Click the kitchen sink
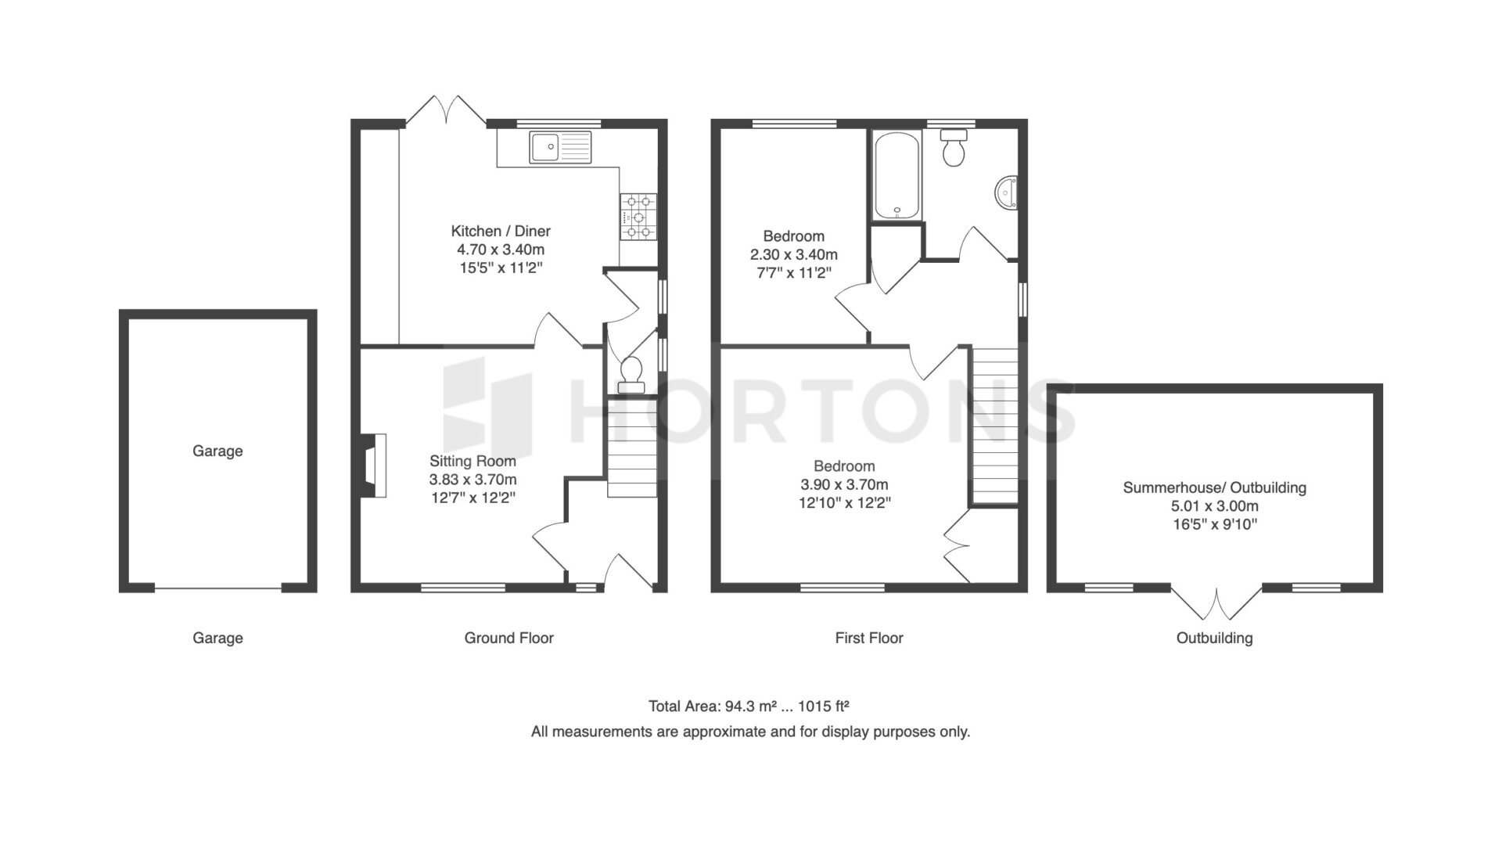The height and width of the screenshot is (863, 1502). [x=560, y=147]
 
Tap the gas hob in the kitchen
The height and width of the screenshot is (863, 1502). [x=638, y=217]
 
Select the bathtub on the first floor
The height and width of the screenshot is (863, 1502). [x=897, y=174]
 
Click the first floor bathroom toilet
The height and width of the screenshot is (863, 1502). [x=953, y=147]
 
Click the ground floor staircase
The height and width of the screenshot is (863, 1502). [x=632, y=448]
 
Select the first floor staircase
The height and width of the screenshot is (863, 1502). [x=994, y=424]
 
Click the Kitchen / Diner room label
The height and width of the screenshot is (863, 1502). [x=501, y=231]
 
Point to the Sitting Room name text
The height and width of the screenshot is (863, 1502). [x=473, y=461]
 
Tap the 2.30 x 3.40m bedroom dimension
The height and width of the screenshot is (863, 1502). [x=794, y=254]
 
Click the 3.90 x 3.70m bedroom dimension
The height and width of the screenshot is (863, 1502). [x=844, y=484]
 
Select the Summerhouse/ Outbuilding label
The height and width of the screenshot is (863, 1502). [x=1215, y=487]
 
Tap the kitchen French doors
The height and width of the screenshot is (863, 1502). [x=446, y=110]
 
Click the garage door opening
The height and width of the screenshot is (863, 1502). [x=218, y=588]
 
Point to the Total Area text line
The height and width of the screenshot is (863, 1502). [x=749, y=707]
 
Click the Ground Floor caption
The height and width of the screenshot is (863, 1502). [x=509, y=638]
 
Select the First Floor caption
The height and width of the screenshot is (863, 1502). [x=869, y=638]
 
